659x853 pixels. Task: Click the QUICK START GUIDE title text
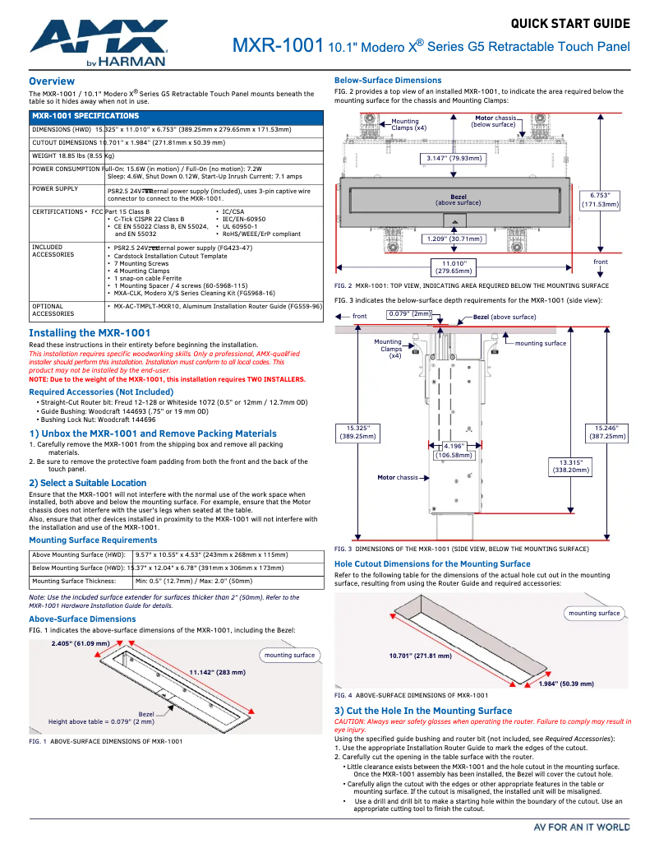pos(570,23)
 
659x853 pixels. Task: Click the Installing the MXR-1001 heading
pos(90,333)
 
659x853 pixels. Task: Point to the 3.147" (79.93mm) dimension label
pos(454,158)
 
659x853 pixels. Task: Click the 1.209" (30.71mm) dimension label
pos(454,239)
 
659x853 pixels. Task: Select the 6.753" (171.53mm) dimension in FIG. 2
pos(600,200)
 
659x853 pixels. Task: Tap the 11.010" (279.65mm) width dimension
pos(454,266)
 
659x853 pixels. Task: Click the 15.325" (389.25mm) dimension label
pos(357,433)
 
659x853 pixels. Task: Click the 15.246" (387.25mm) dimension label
pos(606,433)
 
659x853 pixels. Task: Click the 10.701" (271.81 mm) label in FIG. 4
pos(420,656)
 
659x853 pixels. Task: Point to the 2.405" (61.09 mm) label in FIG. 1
pos(81,643)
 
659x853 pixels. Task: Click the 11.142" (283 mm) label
pos(217,672)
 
